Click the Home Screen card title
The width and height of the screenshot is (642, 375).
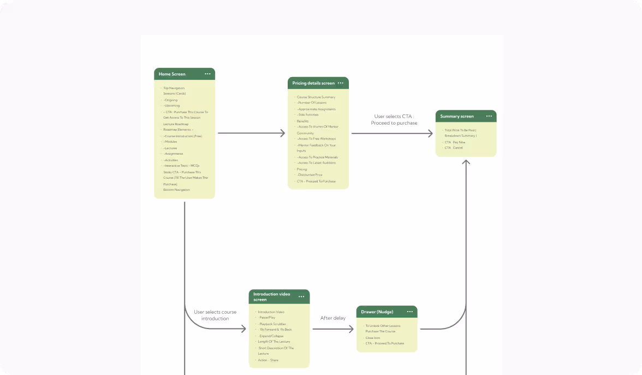tap(172, 74)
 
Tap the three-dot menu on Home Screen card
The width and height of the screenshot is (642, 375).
tap(207, 74)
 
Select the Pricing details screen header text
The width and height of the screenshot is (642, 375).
tap(313, 83)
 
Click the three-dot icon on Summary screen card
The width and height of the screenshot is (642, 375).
tap(489, 116)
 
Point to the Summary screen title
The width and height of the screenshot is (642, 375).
tap(457, 116)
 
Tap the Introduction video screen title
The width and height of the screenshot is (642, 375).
tap(272, 297)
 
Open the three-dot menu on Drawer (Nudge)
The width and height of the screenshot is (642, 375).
tap(410, 312)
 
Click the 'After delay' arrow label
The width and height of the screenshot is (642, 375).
tap(332, 318)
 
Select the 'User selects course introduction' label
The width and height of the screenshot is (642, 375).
tap(215, 315)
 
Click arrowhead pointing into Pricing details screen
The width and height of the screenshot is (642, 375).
tap(283, 133)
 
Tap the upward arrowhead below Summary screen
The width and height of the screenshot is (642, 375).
tap(466, 162)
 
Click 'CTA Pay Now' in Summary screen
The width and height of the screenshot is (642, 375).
tap(455, 142)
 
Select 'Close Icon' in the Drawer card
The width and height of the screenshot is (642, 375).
tap(373, 338)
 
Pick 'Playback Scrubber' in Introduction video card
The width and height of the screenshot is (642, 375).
tap(272, 324)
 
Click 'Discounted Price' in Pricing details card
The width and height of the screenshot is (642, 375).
tap(310, 175)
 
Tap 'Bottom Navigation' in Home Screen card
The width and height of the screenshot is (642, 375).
tap(176, 190)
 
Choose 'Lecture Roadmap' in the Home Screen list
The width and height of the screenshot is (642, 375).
tap(176, 124)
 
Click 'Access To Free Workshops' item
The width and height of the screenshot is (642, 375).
tap(317, 139)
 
